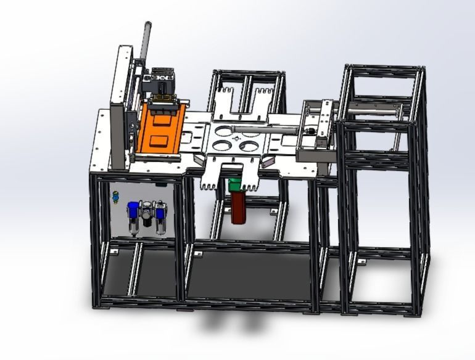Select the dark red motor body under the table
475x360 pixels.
238,208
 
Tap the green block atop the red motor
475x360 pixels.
235,185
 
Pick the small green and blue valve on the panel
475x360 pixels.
115,197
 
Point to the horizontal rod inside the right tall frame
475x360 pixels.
370,110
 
